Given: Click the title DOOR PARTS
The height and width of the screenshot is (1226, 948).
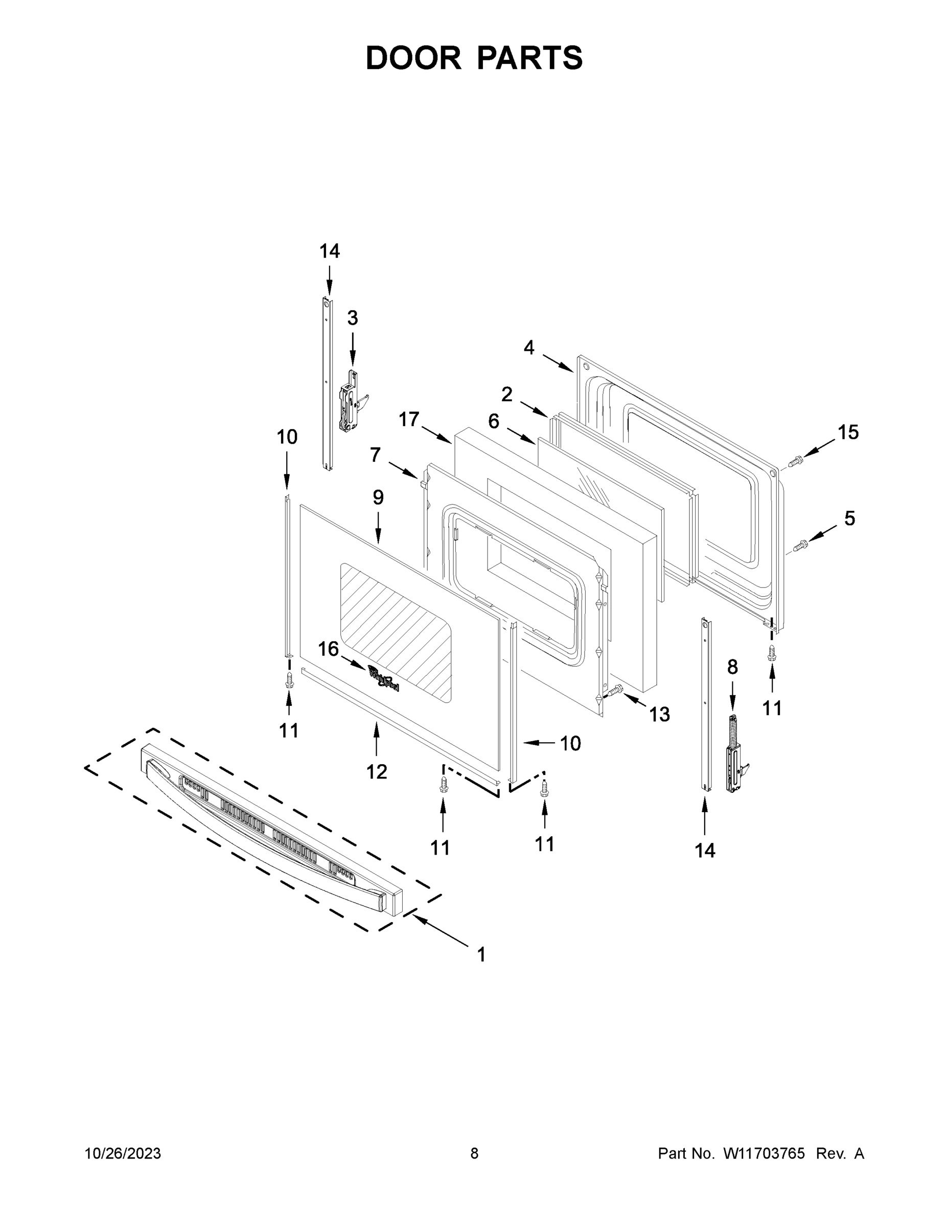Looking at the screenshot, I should (x=474, y=58).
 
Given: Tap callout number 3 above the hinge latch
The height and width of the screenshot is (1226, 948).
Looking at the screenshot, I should (x=352, y=318).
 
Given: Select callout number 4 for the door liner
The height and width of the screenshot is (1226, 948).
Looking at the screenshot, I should (x=528, y=348).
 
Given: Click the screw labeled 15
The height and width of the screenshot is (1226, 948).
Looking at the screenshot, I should (x=796, y=461).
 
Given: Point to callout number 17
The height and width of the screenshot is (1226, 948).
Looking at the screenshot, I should (x=409, y=419).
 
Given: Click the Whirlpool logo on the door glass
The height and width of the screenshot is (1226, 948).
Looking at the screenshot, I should (x=384, y=678).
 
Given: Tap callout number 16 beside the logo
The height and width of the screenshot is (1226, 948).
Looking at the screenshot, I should (x=329, y=649).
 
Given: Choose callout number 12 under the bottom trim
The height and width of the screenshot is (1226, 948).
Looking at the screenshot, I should (x=376, y=772).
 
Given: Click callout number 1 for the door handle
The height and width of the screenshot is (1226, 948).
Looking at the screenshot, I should (x=481, y=955).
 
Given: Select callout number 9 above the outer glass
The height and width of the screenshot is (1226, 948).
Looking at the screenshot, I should (x=378, y=498).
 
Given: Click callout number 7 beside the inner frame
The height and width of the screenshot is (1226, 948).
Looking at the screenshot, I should (x=375, y=454).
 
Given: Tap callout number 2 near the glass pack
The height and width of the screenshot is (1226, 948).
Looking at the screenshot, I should (x=506, y=395).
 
